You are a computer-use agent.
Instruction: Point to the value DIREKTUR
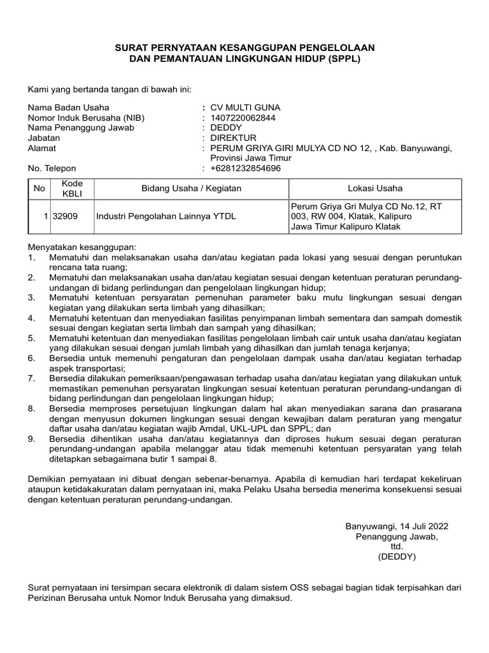(233, 138)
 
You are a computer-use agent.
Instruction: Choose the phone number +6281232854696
(245, 168)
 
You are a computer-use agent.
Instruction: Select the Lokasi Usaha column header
(374, 189)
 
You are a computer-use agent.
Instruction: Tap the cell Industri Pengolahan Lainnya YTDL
(166, 216)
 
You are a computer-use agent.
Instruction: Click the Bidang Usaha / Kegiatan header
(191, 189)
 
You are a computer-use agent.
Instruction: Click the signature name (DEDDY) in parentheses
(397, 557)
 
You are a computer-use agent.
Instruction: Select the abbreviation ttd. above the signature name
(397, 547)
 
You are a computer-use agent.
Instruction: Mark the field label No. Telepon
(52, 168)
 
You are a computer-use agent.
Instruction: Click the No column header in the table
(39, 189)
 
